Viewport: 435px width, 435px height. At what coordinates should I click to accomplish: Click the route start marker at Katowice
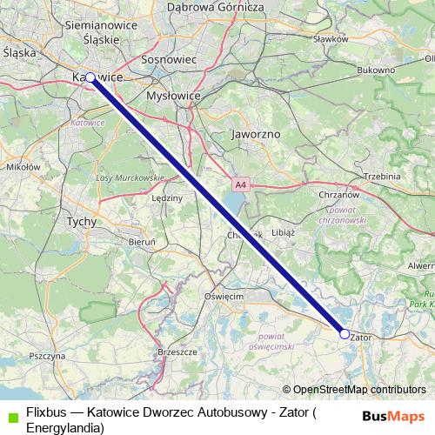[x=90, y=77]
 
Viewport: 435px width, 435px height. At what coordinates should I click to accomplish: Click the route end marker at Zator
[x=345, y=334]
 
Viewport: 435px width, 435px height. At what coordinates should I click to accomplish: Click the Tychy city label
[x=81, y=222]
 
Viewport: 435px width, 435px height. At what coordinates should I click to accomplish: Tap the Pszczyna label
[x=47, y=356]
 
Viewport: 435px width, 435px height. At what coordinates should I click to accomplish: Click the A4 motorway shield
[x=240, y=184]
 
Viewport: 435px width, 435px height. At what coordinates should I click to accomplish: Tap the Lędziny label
[x=167, y=198]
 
